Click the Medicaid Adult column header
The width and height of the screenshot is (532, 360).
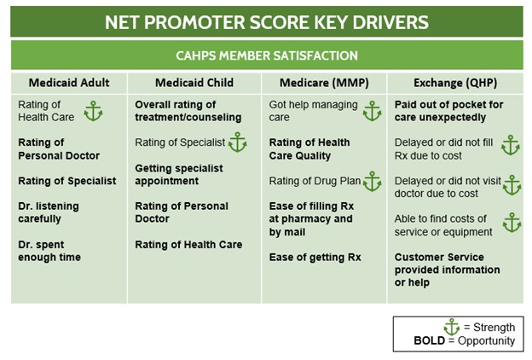pos(69,83)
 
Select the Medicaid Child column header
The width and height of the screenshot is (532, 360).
pos(194,83)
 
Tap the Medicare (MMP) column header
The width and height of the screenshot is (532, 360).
pos(324,83)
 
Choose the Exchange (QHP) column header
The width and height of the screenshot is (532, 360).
pos(455,83)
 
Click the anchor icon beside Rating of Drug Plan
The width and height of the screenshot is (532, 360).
pos(373,182)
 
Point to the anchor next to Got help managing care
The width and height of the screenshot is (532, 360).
pos(373,111)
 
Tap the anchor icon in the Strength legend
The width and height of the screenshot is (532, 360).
pos(452,327)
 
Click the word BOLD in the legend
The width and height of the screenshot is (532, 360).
pos(429,340)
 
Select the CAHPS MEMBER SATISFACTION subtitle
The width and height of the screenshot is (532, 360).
pos(267,55)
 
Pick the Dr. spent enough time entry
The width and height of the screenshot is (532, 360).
pos(49,251)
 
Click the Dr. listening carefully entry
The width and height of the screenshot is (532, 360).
pos(49,212)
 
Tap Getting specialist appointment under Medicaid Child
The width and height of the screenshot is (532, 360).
pos(179,175)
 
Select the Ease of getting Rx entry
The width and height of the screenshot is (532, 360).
pos(315,258)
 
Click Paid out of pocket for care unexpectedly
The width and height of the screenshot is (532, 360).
pos(448,111)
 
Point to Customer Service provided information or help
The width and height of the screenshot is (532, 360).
pos(448,270)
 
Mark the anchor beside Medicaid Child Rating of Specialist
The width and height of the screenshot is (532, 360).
pos(238,142)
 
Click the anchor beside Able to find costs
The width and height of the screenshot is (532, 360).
pos(512,223)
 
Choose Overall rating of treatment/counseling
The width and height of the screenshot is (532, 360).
pos(188,111)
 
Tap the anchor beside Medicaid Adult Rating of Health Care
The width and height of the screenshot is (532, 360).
pos(93,111)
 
